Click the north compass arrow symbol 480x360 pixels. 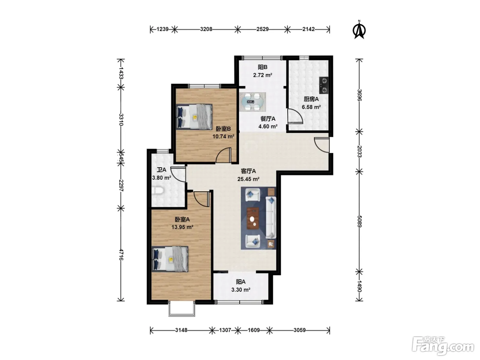point(359,30)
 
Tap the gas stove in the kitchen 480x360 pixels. point(324,85)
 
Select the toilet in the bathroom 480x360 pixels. point(157,190)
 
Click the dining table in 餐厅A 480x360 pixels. point(253,102)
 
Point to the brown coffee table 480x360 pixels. point(253,218)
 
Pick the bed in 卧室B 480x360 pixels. point(194,117)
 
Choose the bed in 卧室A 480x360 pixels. point(170,259)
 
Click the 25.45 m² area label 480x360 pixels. point(249,179)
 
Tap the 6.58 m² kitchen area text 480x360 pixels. point(311,107)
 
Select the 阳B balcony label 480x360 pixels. point(262,67)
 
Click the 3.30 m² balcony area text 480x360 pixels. point(241,290)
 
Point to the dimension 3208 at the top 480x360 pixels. point(206,29)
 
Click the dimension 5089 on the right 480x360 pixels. point(359,221)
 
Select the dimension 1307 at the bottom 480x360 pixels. point(225,330)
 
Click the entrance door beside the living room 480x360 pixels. point(322,145)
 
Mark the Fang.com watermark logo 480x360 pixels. point(443,346)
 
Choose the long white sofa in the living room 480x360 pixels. point(271,217)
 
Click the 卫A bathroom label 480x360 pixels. point(161,170)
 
